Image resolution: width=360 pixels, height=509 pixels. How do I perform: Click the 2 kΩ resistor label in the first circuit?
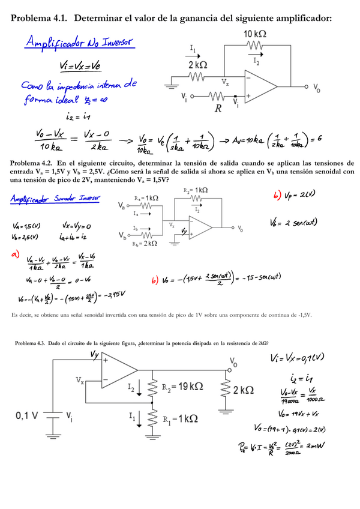[198, 64]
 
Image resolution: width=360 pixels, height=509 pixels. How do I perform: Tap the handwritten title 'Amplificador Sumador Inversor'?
[55, 199]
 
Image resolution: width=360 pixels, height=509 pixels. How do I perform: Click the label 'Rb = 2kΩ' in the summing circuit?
[146, 244]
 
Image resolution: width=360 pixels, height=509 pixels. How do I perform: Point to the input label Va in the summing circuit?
[124, 207]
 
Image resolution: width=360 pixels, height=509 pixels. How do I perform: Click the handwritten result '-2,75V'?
[115, 294]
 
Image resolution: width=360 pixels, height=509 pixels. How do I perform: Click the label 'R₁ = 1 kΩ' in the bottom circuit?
[181, 420]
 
